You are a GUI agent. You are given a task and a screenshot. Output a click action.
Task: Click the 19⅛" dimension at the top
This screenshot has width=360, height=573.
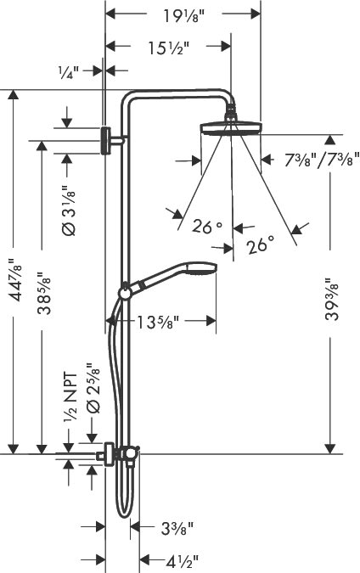coord(184,14)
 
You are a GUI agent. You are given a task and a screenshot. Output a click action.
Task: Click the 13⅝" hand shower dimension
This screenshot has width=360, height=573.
coord(158,321)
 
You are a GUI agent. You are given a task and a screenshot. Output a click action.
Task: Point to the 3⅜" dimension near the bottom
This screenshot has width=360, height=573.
coord(177,528)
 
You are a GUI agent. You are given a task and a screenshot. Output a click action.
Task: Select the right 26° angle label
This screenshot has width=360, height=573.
coord(261,246)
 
